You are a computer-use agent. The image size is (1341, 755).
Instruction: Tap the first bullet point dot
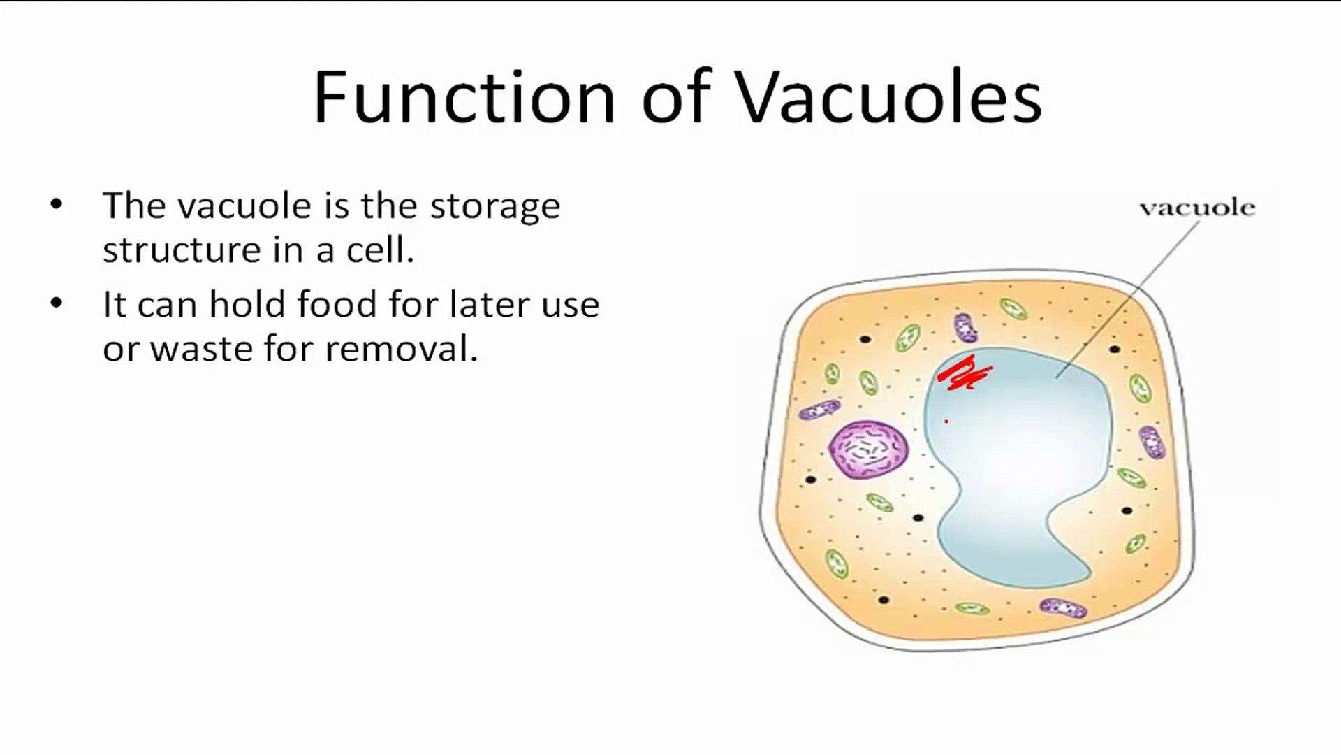point(57,204)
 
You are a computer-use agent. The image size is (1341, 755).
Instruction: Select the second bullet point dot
point(57,303)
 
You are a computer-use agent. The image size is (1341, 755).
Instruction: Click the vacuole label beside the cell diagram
point(1197,208)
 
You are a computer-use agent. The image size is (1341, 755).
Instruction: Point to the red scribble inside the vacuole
point(965,373)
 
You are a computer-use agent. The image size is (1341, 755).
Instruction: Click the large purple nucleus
point(869,450)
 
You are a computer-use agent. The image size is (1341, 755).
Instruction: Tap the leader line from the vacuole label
point(1127,299)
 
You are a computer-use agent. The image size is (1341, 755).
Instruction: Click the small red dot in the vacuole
point(946,422)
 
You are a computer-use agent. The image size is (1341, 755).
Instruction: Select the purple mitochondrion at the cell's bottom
point(1063,608)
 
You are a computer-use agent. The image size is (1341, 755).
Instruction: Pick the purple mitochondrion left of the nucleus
point(819,410)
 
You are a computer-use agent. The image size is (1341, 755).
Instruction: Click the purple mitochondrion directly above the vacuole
point(965,327)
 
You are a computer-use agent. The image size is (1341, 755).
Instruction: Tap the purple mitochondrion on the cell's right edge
point(1152,442)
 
